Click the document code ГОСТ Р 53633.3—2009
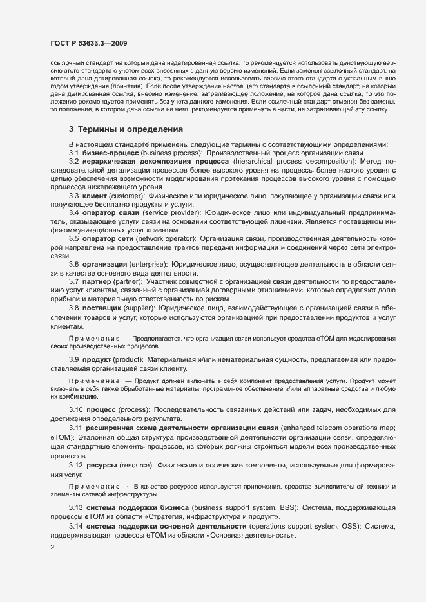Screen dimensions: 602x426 point(88,44)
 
